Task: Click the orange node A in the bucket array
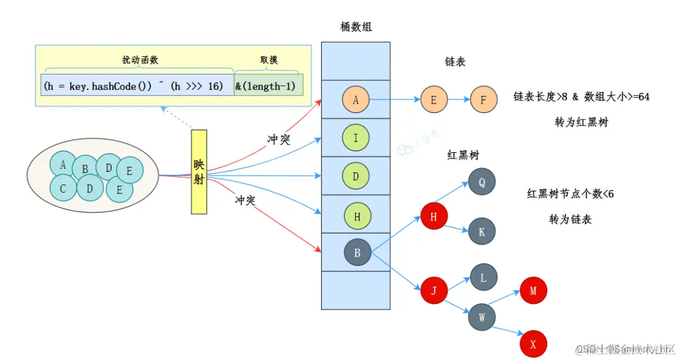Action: pos(356,99)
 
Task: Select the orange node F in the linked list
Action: pos(483,99)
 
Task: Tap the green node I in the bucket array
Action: pos(356,138)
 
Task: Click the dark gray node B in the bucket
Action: pos(357,253)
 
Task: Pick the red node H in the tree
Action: pos(434,216)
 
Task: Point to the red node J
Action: pos(434,291)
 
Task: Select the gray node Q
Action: pos(482,181)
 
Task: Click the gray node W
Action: pos(482,317)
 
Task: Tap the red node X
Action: pos(533,344)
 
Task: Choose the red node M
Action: pos(533,291)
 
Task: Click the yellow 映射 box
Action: pos(199,172)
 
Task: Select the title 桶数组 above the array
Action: pos(356,27)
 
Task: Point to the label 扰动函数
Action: pos(140,60)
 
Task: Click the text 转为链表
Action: pos(571,219)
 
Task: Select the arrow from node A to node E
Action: pos(395,99)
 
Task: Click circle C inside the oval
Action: pos(63,188)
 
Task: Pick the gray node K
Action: pos(482,232)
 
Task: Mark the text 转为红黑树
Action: pos(581,123)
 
